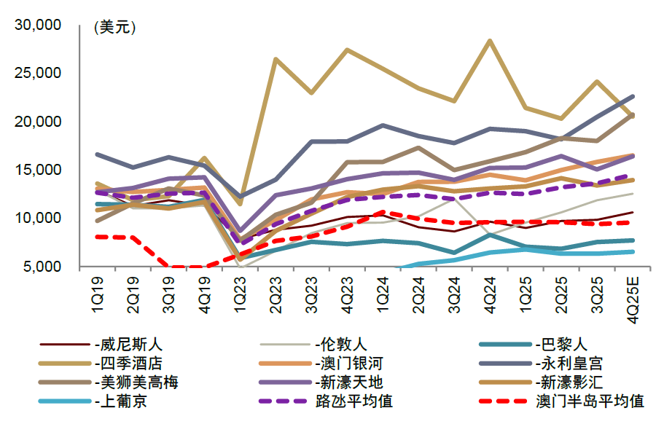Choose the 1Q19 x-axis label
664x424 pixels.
97,292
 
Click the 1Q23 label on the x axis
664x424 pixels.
241,292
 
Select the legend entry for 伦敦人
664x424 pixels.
340,345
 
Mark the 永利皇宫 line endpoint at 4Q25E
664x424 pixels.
632,96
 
